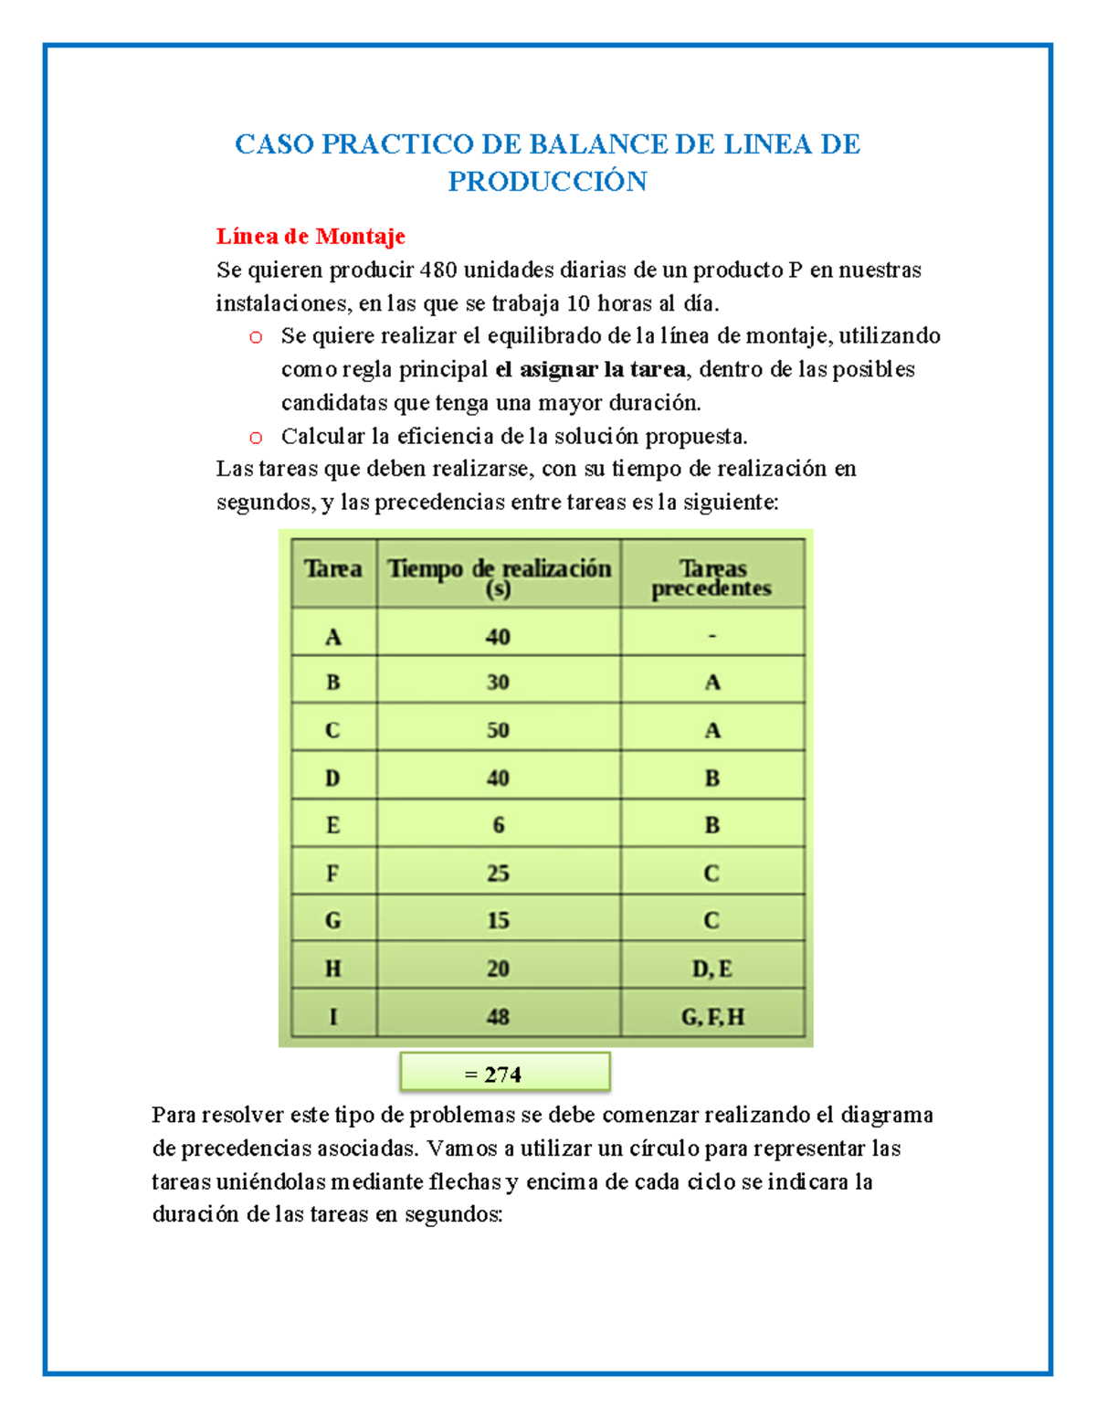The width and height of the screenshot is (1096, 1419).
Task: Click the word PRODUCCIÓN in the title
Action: [547, 182]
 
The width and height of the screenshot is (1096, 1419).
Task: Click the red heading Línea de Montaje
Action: [311, 237]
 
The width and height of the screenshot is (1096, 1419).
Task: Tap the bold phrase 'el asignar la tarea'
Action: [590, 370]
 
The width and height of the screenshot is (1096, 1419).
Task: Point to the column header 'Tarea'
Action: [333, 570]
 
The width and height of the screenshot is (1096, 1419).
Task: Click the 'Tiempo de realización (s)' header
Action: [499, 577]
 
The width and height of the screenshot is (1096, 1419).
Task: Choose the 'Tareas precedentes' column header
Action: [712, 578]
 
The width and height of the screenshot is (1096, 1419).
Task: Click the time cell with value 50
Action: [498, 730]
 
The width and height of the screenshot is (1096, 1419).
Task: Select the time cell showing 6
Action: [498, 825]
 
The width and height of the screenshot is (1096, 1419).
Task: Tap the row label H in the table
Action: [333, 969]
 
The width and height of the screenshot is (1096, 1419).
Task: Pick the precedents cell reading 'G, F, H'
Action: [712, 1017]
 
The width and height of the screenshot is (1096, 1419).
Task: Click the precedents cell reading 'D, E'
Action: [712, 969]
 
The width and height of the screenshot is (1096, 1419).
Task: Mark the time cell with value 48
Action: [498, 1017]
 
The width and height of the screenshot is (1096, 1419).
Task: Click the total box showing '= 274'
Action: [504, 1074]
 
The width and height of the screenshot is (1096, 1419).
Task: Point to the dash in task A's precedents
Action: [712, 636]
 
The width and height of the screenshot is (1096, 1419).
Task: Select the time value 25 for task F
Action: [498, 874]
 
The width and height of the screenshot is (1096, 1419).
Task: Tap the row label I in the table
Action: [333, 1017]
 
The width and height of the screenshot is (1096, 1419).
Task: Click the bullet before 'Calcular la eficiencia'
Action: [256, 438]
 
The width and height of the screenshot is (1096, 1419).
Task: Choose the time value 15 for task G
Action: [498, 921]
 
